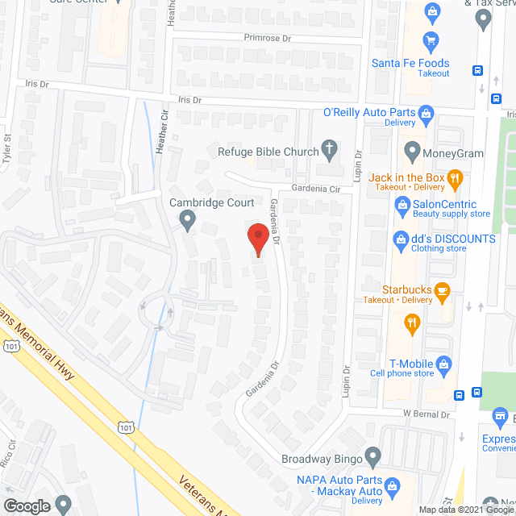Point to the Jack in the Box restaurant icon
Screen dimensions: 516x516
point(455,177)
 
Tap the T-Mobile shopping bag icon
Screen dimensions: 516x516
point(443,364)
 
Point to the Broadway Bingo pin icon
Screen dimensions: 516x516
point(372,457)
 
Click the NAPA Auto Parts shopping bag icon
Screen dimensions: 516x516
point(393,485)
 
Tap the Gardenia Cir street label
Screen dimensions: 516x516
point(319,188)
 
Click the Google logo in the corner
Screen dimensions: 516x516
point(26,506)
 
